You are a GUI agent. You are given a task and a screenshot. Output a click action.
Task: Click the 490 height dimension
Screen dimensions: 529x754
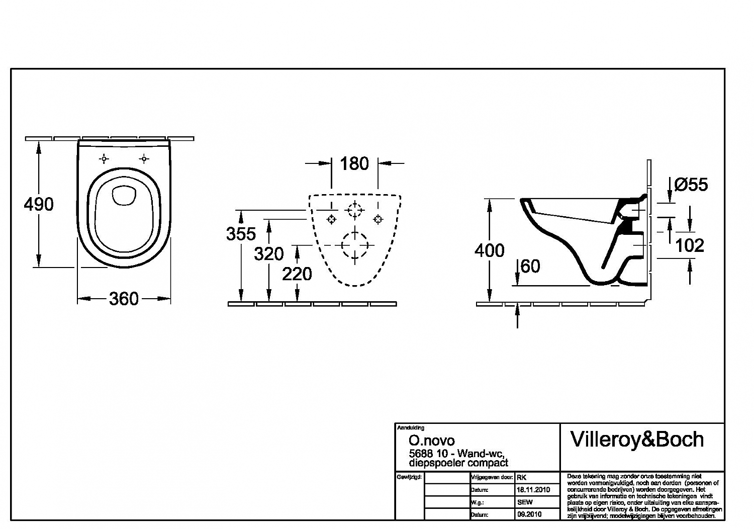click(39, 204)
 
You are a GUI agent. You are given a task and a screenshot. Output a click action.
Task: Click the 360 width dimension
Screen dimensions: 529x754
click(124, 299)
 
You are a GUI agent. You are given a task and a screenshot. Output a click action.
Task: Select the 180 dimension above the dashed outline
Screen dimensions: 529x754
click(354, 163)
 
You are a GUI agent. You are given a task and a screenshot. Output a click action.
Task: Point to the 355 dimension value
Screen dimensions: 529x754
click(241, 234)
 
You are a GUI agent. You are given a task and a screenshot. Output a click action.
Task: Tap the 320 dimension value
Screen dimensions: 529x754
click(269, 254)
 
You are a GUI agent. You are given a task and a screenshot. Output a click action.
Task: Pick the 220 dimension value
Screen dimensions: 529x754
click(297, 274)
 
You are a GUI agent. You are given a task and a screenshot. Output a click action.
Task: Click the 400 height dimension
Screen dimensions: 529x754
click(489, 250)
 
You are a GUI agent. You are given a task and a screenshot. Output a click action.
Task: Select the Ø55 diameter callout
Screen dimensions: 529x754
click(691, 185)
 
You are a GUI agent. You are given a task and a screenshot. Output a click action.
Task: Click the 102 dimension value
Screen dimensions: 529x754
click(689, 245)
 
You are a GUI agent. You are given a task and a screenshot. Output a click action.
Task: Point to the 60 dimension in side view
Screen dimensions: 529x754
click(530, 266)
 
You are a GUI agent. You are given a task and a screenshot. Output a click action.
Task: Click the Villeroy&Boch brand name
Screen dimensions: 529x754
click(637, 439)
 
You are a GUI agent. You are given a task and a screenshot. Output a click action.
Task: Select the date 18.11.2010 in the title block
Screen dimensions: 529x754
click(533, 489)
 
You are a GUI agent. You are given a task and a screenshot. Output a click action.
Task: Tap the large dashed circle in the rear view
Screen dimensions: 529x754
click(355, 245)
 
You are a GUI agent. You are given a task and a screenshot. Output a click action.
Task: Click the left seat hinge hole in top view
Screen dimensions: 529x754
click(104, 159)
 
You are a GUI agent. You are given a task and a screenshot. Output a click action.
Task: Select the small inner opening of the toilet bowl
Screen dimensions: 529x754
click(124, 196)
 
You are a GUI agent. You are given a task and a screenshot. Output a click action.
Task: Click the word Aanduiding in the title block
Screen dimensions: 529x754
click(411, 428)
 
